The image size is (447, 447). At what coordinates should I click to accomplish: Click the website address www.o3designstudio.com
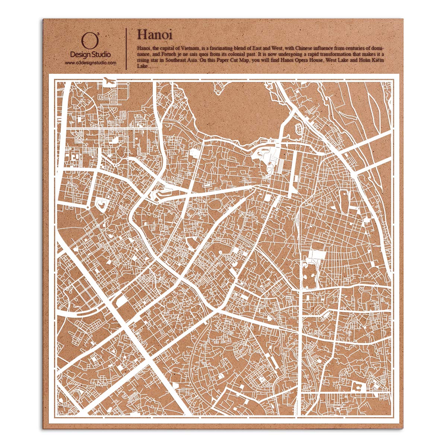[x=91, y=63]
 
